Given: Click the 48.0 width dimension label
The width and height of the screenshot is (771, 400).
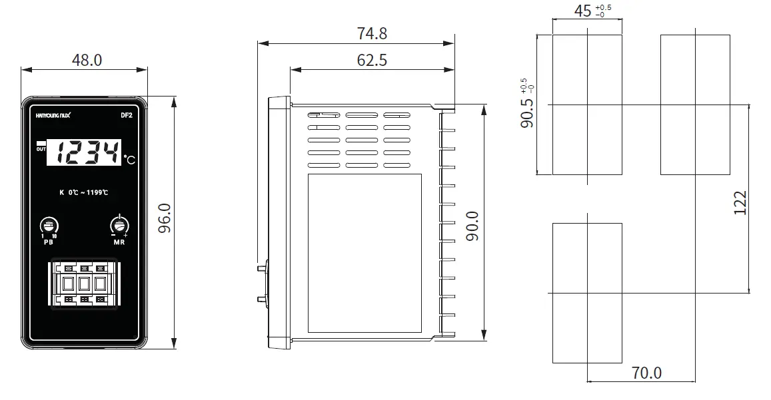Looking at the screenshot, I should pos(87,60).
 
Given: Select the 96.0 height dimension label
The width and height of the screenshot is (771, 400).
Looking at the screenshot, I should pos(165,218).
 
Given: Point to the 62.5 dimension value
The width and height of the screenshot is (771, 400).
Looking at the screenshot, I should pos(372,60).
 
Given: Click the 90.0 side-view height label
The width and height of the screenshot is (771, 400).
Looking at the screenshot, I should pos(472,226).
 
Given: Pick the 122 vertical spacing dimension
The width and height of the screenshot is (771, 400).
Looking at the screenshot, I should pos(740,202).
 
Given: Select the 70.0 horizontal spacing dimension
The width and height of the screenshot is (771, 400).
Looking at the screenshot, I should pos(646,373).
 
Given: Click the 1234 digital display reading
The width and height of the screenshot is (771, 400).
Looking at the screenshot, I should pos(89,154).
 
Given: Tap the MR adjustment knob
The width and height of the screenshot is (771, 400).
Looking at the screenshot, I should pos(119,225).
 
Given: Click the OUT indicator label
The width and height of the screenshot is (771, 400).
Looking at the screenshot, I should pos(41,148).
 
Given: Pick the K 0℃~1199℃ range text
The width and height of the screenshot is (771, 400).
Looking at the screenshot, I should pos(84,193).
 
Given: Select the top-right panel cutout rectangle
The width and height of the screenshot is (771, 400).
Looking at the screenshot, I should pos(695,104).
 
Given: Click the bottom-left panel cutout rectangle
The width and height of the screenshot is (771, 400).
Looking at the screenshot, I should pos(587,293).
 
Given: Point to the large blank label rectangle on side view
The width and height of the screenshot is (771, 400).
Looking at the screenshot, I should pos(365,253).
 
